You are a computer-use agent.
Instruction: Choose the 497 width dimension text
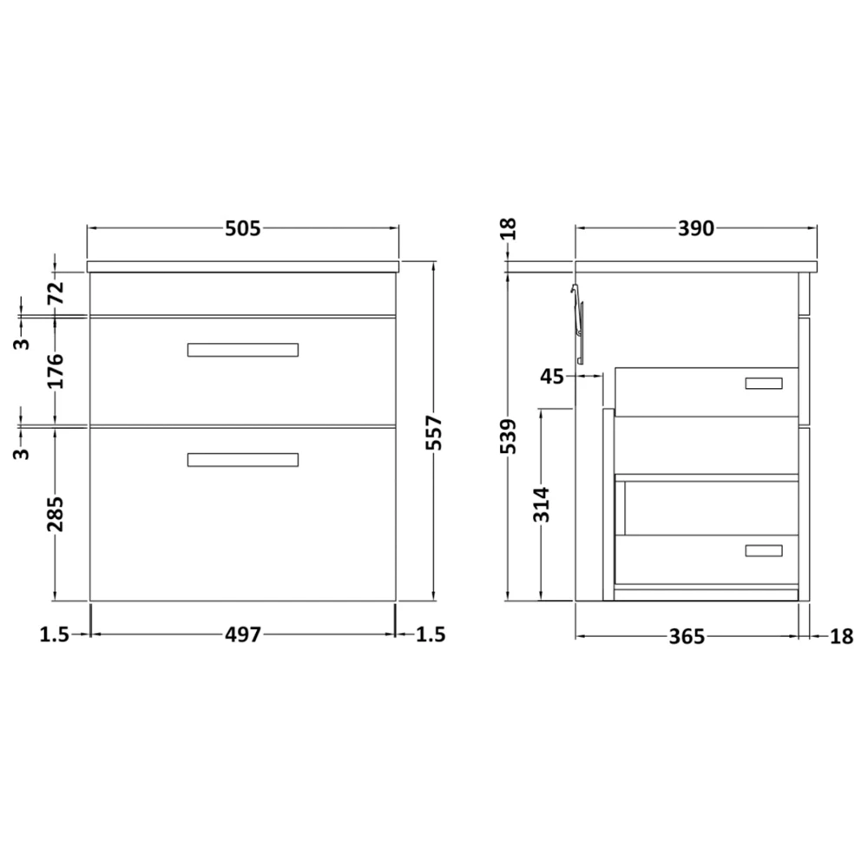pyautogui.click(x=243, y=635)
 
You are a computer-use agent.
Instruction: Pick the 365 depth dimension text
pyautogui.click(x=686, y=636)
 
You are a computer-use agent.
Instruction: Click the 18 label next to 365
pyautogui.click(x=841, y=636)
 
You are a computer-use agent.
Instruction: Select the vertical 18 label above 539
pyautogui.click(x=510, y=228)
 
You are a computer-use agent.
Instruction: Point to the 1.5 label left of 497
pyautogui.click(x=54, y=635)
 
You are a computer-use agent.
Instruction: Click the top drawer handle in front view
pyautogui.click(x=243, y=350)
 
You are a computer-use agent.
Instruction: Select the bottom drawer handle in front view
pyautogui.click(x=243, y=460)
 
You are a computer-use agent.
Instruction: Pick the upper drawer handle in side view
pyautogui.click(x=764, y=383)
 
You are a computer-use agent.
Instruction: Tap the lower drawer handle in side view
pyautogui.click(x=764, y=550)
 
